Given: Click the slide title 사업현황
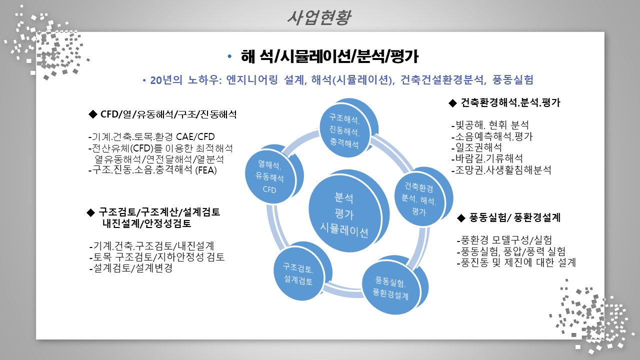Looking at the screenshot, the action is [319, 17].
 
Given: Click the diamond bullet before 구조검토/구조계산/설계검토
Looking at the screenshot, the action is [90, 212].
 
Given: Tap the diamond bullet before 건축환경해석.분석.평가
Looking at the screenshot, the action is [452, 103].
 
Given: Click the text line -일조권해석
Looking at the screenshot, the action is [476, 147].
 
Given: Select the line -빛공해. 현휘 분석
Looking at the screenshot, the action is [490, 125].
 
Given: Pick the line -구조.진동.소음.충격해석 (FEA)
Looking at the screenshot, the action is [152, 170].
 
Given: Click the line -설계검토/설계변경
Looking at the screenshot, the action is [131, 268].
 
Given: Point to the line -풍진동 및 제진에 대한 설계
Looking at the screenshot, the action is [516, 262].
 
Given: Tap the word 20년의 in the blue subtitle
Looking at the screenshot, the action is [166, 80].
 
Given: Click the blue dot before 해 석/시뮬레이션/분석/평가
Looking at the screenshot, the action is [229, 56].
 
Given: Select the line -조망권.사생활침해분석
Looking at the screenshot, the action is [501, 170].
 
